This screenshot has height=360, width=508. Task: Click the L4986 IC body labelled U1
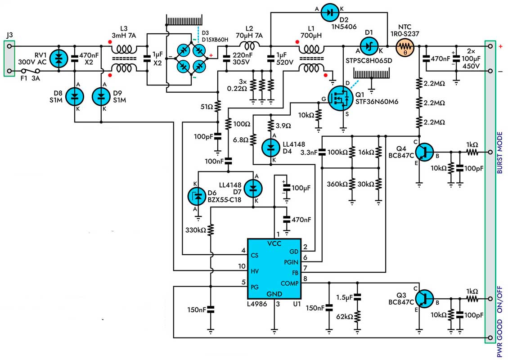[x=274, y=269]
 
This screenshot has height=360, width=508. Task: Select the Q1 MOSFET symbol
[x=340, y=98]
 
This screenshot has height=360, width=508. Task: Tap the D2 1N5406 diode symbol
[x=330, y=13]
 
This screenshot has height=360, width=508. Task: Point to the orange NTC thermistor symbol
[x=405, y=47]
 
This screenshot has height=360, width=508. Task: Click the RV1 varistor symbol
[x=58, y=58]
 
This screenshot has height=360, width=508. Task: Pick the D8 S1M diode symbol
[x=75, y=97]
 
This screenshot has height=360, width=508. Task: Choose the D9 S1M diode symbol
[x=101, y=97]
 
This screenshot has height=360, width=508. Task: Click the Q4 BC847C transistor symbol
[x=424, y=152]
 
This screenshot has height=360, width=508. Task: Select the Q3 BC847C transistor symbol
[x=424, y=299]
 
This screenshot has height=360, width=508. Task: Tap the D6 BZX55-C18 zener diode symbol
[x=197, y=196]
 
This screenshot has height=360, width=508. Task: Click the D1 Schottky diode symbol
[x=369, y=47]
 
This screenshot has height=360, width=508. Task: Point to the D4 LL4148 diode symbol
[x=271, y=148]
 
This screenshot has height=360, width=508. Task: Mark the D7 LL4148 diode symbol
[x=253, y=188]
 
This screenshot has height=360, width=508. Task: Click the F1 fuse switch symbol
[x=30, y=71]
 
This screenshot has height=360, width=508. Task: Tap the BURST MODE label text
[x=499, y=153]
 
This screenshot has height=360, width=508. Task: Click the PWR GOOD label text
[x=499, y=338]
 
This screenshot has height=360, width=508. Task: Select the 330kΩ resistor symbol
[x=211, y=230]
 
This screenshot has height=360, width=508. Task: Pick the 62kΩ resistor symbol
[x=357, y=316]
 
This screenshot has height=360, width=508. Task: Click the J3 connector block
[x=9, y=58]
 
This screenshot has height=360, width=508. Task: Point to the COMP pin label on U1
[x=289, y=283]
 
